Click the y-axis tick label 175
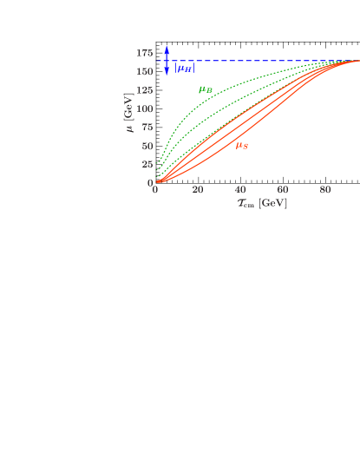coord(144,53)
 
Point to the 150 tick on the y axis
coord(144,71)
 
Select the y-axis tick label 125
coord(144,90)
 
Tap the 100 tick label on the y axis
coord(144,108)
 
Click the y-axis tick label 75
coord(147,127)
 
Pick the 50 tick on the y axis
coord(147,146)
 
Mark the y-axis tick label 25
coord(147,164)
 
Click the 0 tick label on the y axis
coord(149,182)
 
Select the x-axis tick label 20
coord(198,190)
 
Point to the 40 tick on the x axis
coord(240,190)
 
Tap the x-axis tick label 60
coord(283,190)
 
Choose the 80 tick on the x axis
coord(325,190)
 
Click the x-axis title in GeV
coord(262,203)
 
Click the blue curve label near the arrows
coord(183,68)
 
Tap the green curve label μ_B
coord(206,89)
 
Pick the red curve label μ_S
coord(242,146)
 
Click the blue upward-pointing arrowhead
coord(167,49)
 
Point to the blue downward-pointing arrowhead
coord(167,73)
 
